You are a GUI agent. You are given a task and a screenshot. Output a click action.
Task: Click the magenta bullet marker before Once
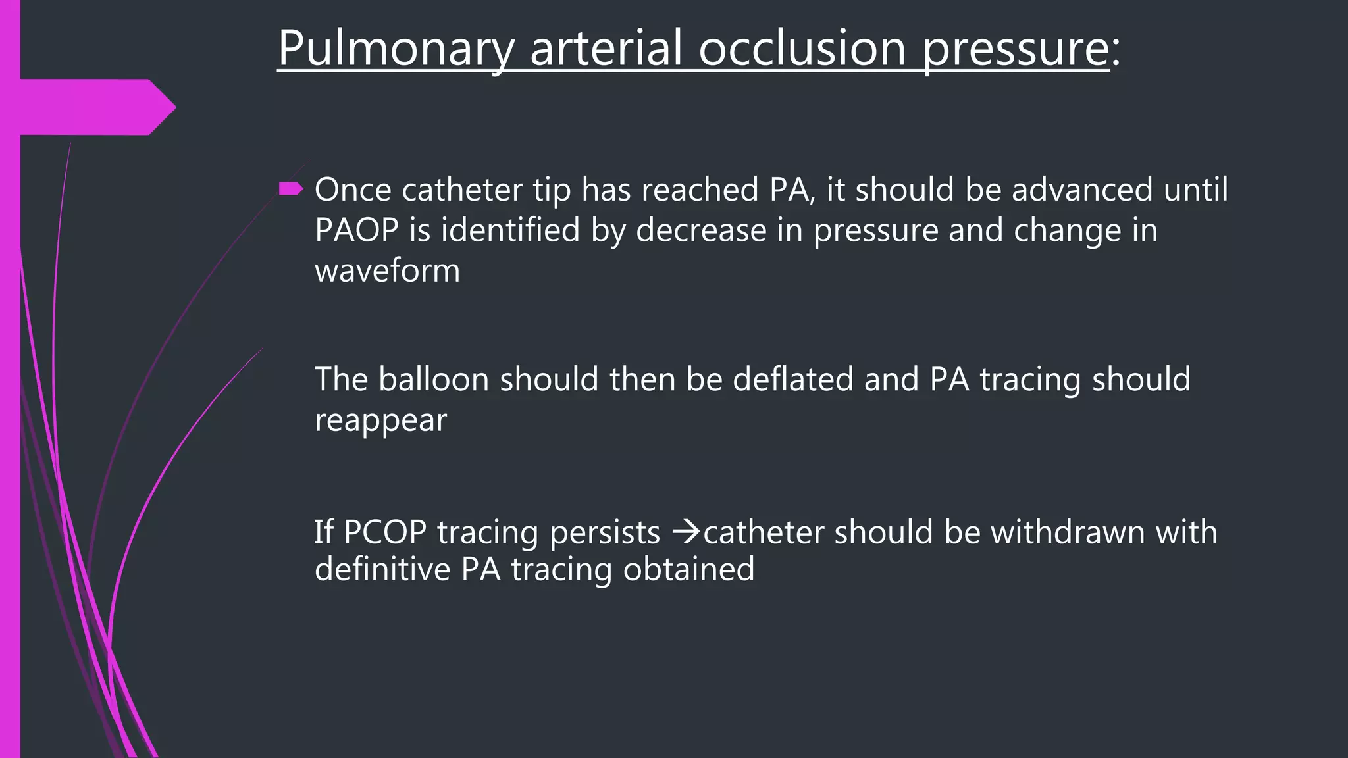[290, 189]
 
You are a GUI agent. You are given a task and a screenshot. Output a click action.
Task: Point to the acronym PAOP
[357, 230]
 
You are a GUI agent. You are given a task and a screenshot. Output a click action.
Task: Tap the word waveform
[387, 270]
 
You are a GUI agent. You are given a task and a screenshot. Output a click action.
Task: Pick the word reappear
[380, 420]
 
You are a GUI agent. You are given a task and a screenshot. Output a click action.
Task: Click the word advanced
[1082, 189]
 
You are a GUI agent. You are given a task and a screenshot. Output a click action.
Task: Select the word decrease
[700, 230]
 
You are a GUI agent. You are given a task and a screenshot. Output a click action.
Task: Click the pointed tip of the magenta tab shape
[174, 107]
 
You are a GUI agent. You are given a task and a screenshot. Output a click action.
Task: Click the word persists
[604, 533]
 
